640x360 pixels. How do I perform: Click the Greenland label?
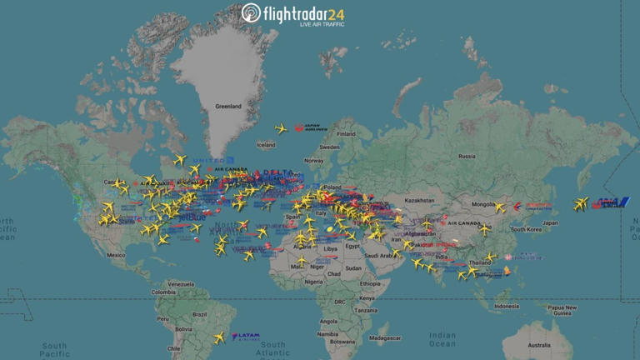pos(227,107)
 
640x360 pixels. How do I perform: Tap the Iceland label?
pos(266,145)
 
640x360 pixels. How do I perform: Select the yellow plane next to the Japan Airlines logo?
pos(282,128)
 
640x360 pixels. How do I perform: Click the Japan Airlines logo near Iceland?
pos(310,128)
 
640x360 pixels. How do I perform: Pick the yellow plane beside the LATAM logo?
pos(219,337)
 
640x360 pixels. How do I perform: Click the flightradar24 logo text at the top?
pos(292,14)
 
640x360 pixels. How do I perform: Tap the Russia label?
pos(467,156)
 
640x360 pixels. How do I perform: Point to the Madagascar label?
pos(384,337)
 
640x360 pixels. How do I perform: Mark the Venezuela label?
pos(180,283)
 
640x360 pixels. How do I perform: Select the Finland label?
pos(347,134)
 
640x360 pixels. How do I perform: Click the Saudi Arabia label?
pos(385,256)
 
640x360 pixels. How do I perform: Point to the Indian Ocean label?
pos(442,338)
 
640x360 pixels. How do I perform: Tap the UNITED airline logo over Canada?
pos(208,160)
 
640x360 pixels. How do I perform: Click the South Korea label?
pos(527,229)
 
